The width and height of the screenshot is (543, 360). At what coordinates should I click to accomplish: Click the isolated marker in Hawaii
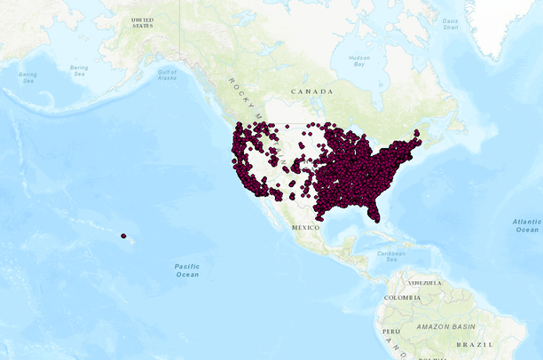tap(123, 236)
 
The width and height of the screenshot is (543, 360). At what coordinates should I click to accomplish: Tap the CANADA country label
tap(312, 91)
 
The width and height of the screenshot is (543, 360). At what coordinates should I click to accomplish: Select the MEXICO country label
tap(305, 227)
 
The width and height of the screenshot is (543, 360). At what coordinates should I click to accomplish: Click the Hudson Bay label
tap(359, 60)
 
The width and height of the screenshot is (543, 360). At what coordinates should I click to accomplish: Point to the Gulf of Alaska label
tap(168, 74)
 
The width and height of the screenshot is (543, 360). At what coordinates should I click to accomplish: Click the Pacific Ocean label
tap(186, 270)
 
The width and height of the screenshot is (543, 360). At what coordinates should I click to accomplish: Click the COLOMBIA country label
tap(397, 297)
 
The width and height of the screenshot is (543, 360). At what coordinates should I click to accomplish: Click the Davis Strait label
tap(451, 24)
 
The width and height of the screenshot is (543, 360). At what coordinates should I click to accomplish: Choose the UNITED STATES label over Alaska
tap(142, 22)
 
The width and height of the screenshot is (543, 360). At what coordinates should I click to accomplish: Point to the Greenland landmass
tap(510, 22)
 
